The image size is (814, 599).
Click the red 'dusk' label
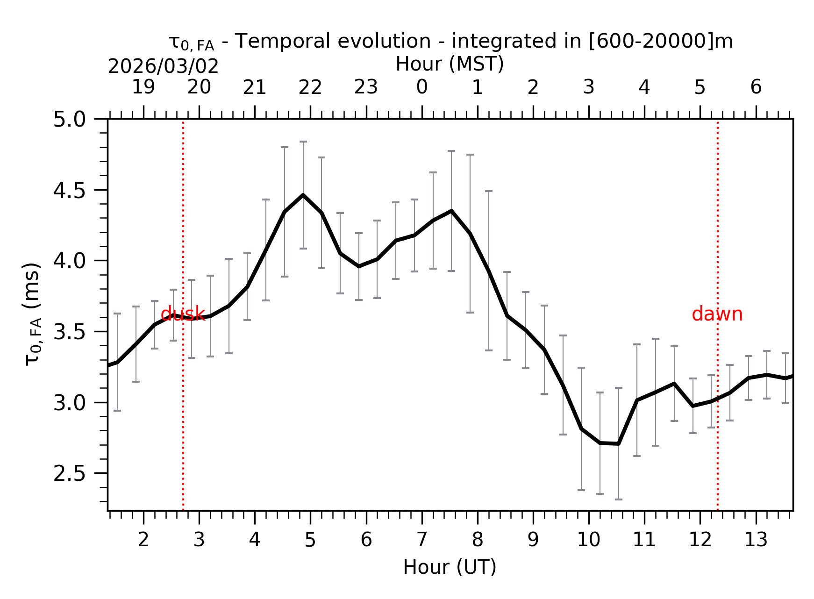point(183,314)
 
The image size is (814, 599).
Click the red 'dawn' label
point(717,314)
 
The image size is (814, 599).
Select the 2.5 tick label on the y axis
point(69,474)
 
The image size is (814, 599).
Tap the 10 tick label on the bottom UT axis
point(588,540)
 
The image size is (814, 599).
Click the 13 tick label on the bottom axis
point(756,540)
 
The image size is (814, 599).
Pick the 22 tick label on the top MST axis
point(310,87)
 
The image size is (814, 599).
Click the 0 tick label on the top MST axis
point(421,87)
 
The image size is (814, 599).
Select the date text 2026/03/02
point(163,66)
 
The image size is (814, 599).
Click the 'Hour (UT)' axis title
point(449,567)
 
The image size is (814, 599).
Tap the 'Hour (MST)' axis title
point(449,64)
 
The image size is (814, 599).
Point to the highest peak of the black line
point(303,195)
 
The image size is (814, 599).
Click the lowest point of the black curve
point(618,443)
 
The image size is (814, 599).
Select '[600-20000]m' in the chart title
point(660,41)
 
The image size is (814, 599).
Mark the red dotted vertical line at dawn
point(717,421)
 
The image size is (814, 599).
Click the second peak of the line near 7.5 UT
point(451,211)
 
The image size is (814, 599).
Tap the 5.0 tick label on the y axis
point(69,120)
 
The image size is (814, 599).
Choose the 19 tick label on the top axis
point(143,87)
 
